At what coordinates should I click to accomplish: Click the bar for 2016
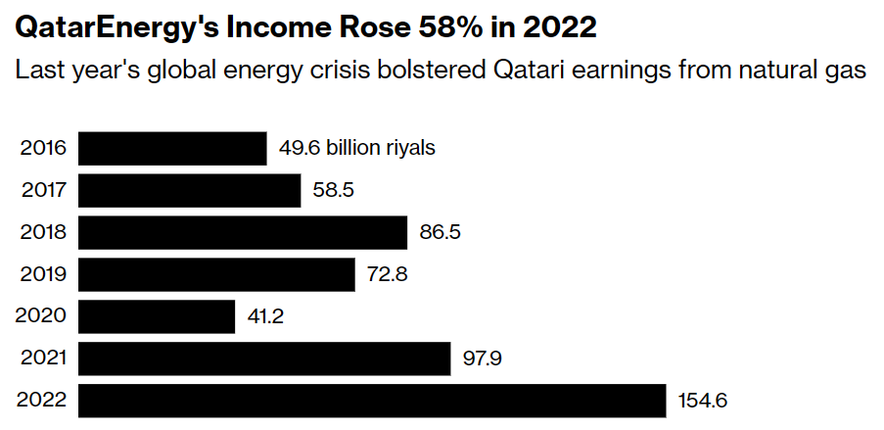pos(172,149)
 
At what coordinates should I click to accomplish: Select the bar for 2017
pos(189,191)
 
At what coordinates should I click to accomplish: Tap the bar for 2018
pos(242,233)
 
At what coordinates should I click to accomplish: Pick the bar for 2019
pos(215,274)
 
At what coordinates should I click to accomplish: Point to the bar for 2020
pos(157,316)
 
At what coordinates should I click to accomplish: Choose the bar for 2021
pos(263,358)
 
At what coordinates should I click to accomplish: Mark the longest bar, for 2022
pos(372,401)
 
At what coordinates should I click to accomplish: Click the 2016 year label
pos(43,149)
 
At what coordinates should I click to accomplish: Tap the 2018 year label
pos(43,233)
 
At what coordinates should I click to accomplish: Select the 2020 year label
pos(43,316)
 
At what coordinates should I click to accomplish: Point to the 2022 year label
pos(43,401)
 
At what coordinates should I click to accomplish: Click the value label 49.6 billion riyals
pos(356,149)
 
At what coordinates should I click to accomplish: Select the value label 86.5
pos(440,233)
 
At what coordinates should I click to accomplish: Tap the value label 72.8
pos(387,274)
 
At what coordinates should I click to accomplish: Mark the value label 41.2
pos(266,316)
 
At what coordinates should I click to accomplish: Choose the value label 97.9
pos(482,358)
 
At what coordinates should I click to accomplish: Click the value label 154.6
pos(703,401)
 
